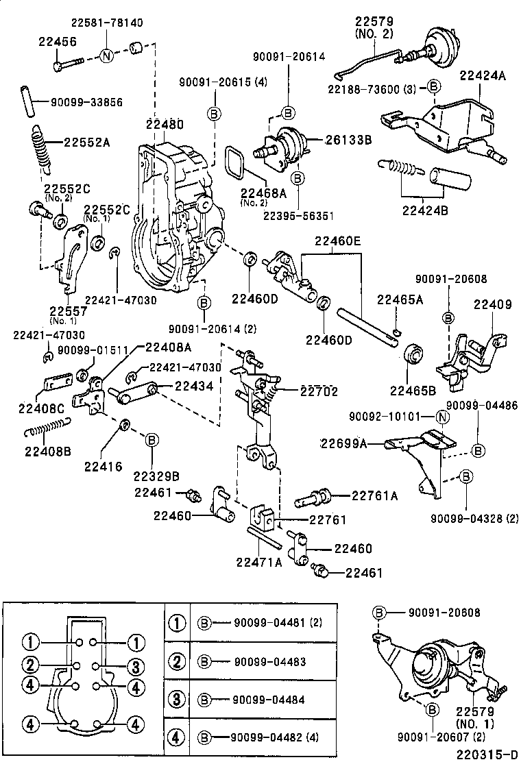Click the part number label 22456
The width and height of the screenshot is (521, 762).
tap(57, 42)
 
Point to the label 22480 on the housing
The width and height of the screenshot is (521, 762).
tap(165, 125)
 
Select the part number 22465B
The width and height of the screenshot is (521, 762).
tap(413, 391)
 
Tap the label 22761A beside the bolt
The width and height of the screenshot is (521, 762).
tap(374, 496)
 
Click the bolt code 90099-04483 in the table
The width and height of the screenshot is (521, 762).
tap(269, 662)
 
